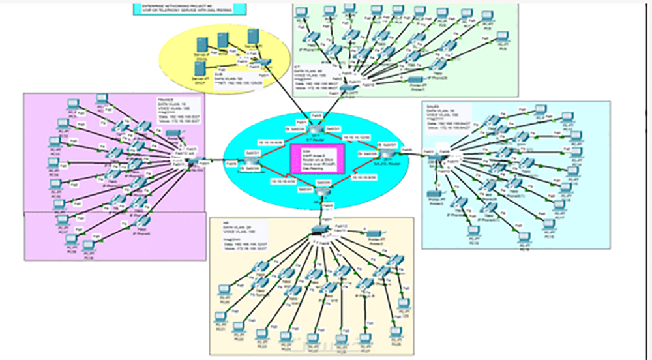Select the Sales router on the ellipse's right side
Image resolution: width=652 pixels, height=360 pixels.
386,152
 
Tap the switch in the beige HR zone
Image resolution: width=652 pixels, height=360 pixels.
320,229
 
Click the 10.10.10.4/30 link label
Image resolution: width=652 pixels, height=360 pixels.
273,142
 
